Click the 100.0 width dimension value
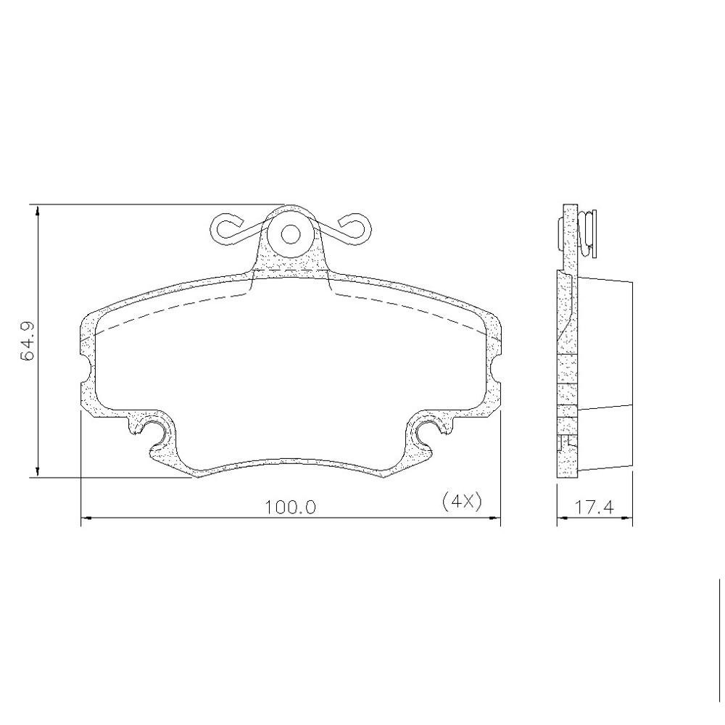pyautogui.click(x=290, y=507)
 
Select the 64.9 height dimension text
pyautogui.click(x=28, y=341)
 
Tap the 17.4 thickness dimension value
pyautogui.click(x=594, y=507)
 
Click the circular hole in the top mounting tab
pyautogui.click(x=291, y=234)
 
